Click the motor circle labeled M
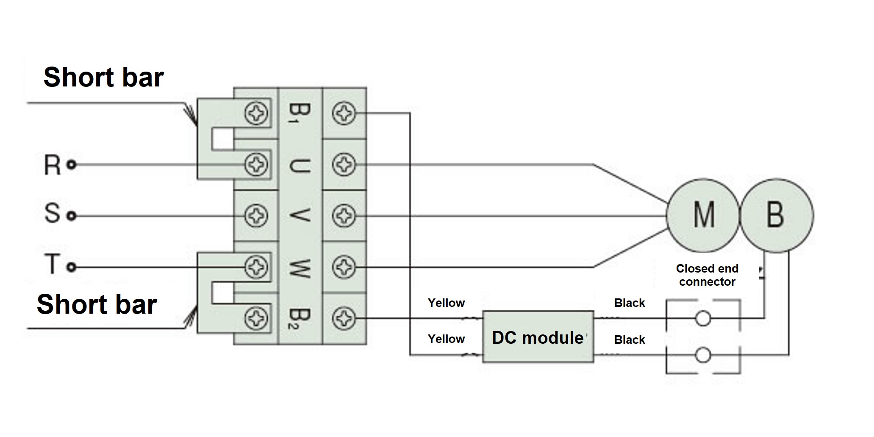pos(703,215)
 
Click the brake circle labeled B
pos(776,215)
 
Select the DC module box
pos(538,337)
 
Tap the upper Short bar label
pos(103,77)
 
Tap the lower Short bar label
pos(97,304)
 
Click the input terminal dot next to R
pos(72,164)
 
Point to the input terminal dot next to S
pos(72,216)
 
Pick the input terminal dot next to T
pos(72,267)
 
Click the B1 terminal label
pos(300,113)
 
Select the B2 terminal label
pos(300,319)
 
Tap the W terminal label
pos(300,268)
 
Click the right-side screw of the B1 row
pos(344,113)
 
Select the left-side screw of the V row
pos(256,216)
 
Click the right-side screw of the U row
pos(344,164)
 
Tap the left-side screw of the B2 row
pos(256,318)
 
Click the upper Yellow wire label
pos(446,303)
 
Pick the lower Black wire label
pos(630,340)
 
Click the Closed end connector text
pos(707,275)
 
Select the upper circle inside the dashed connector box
pos(703,318)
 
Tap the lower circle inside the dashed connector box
pos(703,355)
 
